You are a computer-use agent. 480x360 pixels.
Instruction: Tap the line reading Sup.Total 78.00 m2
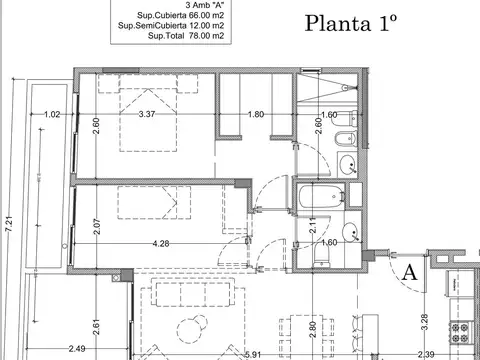point(179,36)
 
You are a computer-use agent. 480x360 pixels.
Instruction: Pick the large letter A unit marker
point(408,271)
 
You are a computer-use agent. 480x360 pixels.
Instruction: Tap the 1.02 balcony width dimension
point(52,114)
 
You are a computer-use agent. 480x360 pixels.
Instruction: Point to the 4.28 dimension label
point(160,243)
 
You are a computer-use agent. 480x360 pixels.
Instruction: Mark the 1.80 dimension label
point(255,114)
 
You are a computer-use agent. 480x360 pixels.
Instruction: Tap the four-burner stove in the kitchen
point(463,335)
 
